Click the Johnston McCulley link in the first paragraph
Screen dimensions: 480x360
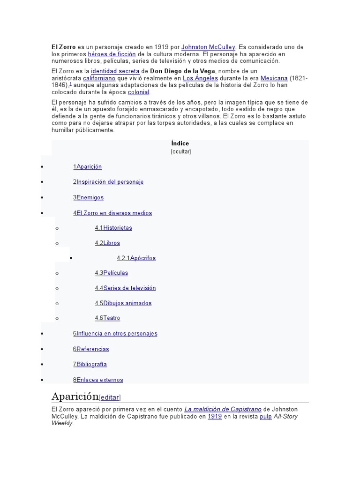point(208,47)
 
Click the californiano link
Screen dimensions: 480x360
point(99,78)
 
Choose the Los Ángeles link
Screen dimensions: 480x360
point(200,78)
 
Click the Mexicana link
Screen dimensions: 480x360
point(274,78)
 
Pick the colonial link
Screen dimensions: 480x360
point(139,92)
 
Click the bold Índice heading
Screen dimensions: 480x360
point(180,143)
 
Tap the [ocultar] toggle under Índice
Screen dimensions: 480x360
point(181,152)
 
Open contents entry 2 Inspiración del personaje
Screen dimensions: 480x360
point(108,182)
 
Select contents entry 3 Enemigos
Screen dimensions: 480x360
point(88,197)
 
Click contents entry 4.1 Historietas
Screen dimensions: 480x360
point(113,228)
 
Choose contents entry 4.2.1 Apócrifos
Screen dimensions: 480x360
point(136,258)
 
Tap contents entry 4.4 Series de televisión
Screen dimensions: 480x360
point(125,288)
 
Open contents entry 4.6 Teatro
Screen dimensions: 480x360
point(107,318)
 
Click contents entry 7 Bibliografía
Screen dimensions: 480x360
point(90,364)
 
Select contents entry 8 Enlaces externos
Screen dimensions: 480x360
point(98,380)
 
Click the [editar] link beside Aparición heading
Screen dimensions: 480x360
point(110,397)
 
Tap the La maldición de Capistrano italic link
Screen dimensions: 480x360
point(223,409)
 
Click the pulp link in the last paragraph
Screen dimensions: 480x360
point(266,416)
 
